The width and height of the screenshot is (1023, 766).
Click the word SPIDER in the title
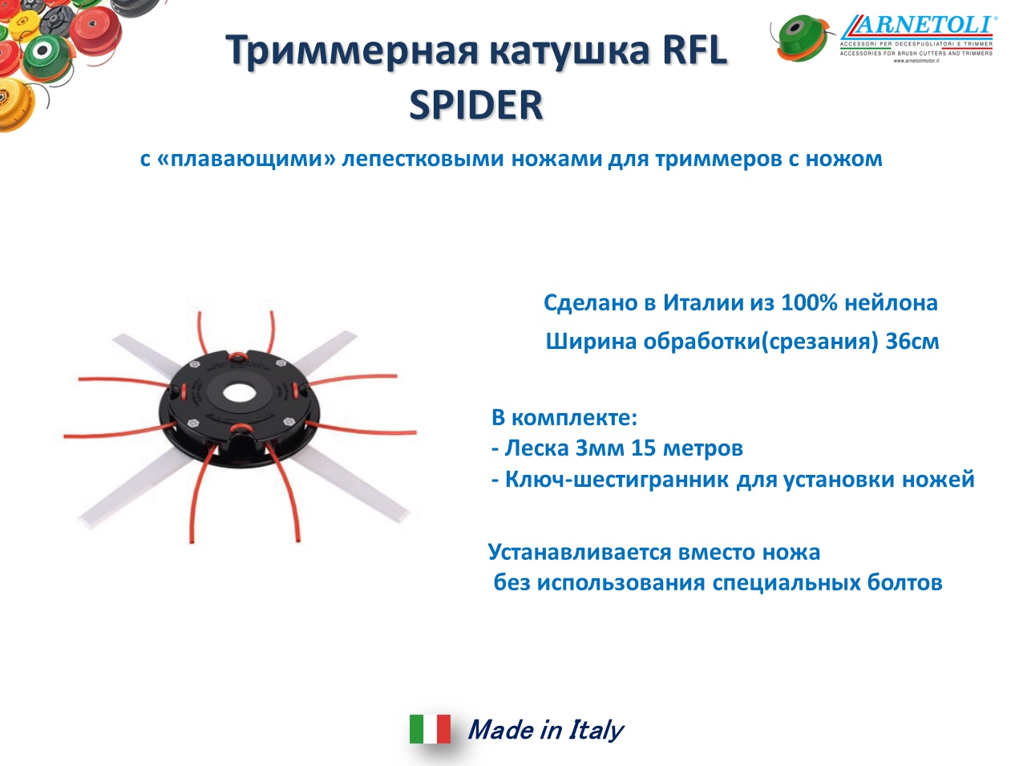[476, 104]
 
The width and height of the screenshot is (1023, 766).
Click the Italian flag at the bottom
[430, 728]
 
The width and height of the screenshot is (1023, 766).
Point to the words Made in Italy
[545, 730]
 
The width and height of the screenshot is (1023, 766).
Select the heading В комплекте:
[564, 417]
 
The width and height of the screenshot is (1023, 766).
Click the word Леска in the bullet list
[537, 448]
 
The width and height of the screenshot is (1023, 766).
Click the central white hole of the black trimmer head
[240, 392]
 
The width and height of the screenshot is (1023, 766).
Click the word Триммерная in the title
[352, 51]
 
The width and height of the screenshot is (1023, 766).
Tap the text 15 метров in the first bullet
[687, 448]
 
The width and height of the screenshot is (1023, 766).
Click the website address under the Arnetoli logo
[916, 61]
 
